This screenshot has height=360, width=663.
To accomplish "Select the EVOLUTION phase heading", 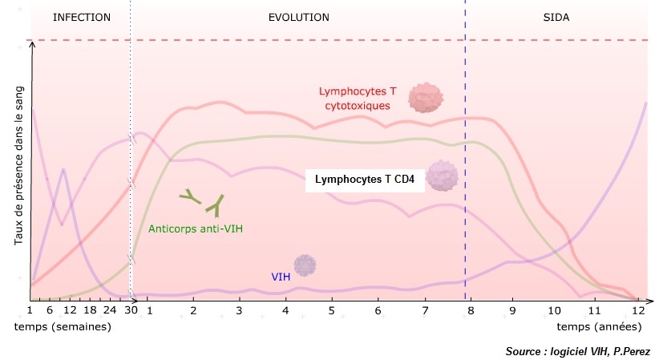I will (x=298, y=17).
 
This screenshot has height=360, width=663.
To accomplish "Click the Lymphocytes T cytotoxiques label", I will (x=358, y=98).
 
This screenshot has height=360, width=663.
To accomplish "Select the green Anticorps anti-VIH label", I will (x=196, y=229).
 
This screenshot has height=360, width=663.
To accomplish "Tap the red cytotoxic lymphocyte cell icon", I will (x=425, y=97).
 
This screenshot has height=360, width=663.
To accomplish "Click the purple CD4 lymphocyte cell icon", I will (x=441, y=176).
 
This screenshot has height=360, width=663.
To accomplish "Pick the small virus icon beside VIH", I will (x=304, y=265).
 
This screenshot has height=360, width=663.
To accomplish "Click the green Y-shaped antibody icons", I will (x=204, y=202).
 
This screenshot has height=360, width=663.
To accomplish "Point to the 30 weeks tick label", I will (x=131, y=310).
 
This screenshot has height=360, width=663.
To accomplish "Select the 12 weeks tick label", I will (x=69, y=310).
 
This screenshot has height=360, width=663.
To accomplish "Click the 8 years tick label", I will (x=471, y=310).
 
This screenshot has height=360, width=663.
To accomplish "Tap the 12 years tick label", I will (x=638, y=310).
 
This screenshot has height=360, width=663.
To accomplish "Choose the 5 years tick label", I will (x=331, y=310).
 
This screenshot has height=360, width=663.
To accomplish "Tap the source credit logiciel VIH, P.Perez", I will (x=577, y=352).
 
